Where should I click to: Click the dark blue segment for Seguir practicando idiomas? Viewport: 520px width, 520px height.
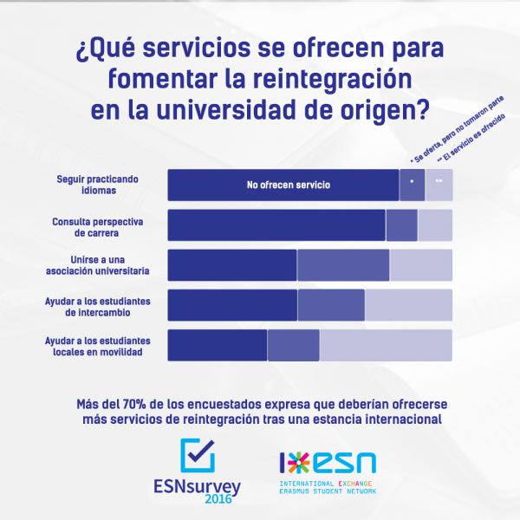(208, 185)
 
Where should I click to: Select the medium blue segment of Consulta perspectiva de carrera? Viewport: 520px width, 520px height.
(401, 224)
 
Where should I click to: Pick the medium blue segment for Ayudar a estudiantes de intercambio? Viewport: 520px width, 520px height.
(330, 305)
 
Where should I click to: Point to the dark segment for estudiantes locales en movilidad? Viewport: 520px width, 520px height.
(217, 345)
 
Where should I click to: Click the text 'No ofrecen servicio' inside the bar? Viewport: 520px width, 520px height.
(289, 185)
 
